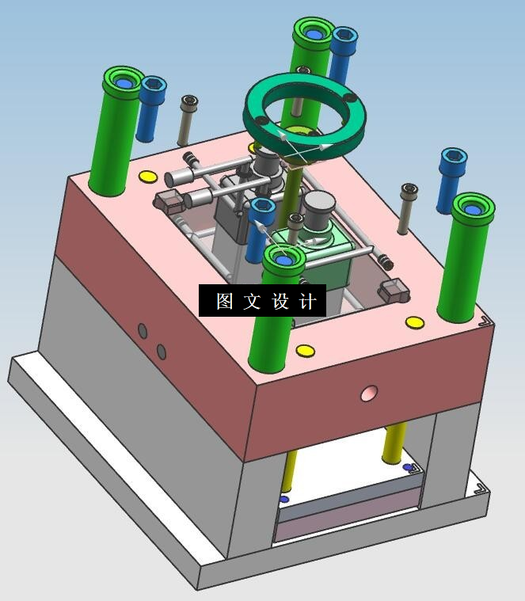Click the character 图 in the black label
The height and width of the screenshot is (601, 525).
(225, 301)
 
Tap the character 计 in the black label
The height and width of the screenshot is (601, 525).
(309, 301)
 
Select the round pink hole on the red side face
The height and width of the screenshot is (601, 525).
(369, 394)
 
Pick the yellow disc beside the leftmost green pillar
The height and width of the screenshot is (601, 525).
(147, 177)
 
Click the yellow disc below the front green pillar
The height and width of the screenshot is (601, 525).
(306, 351)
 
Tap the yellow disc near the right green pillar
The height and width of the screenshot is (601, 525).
(415, 322)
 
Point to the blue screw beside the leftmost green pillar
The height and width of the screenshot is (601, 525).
(150, 108)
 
